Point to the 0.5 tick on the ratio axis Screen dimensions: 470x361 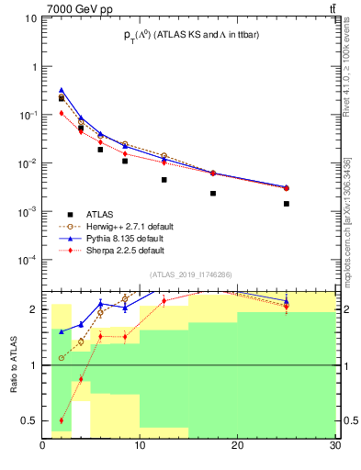29,421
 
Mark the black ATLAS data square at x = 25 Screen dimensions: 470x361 287,204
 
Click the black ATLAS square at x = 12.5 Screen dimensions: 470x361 164,180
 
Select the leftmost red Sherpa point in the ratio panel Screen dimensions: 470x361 62,420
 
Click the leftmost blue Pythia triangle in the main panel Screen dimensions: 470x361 62,90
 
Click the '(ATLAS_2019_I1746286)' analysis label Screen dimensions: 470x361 191,274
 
